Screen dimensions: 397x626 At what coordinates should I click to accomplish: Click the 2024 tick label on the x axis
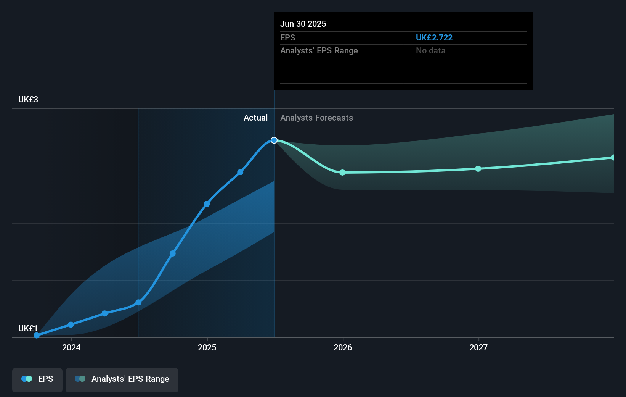pos(71,347)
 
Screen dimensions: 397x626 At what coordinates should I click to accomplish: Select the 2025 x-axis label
pos(207,347)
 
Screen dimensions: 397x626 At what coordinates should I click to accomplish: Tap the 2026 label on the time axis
pos(343,347)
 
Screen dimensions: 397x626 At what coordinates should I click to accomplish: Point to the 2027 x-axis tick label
pos(478,347)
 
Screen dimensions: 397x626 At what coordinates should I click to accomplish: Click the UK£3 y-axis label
pos(28,100)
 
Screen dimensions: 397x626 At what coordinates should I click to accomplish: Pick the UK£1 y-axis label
pos(28,329)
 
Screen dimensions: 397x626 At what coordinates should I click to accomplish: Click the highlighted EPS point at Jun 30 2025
pos(274,140)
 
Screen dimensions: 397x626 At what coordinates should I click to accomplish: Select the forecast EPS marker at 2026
pos(342,173)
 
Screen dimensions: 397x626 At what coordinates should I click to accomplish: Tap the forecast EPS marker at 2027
pos(478,169)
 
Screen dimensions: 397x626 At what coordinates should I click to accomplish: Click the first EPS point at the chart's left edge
pos(37,336)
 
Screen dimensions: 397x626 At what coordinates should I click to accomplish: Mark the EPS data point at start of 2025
pos(207,204)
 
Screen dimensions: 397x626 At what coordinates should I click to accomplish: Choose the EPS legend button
pos(37,379)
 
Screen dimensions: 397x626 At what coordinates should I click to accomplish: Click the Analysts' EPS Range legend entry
pos(122,379)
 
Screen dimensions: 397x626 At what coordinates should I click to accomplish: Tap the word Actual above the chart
pos(255,118)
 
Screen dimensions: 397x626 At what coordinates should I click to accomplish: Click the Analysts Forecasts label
pos(316,118)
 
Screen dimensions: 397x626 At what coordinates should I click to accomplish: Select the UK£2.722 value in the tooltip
pos(434,38)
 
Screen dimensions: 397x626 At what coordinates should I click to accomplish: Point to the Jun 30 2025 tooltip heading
pos(303,24)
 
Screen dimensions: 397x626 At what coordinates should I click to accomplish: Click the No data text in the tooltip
pos(430,51)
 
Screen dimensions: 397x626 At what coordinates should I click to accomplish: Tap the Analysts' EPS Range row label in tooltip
pos(319,51)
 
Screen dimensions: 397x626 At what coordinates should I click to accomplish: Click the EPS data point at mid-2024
pos(138,303)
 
